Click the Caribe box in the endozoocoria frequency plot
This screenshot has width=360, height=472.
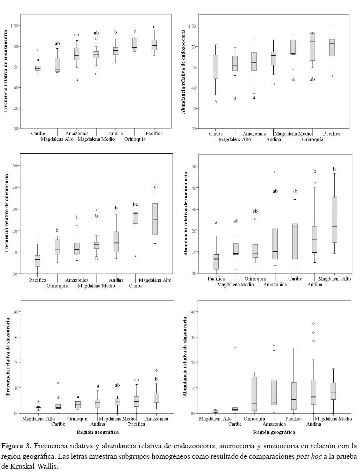[x=38, y=68]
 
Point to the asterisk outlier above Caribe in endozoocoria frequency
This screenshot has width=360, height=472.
[x=38, y=51]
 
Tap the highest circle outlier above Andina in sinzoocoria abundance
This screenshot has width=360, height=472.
[x=314, y=324]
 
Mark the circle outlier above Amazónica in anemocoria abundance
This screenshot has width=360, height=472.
[x=275, y=172]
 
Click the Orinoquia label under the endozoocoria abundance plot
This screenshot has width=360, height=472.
[x=313, y=140]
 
